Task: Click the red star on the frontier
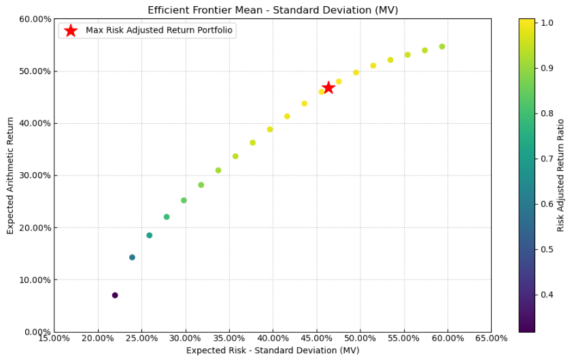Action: [x=328, y=87]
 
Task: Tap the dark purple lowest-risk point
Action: [x=115, y=295]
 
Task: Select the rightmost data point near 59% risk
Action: [x=442, y=47]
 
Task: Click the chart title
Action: [x=273, y=10]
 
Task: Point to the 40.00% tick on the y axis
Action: [x=32, y=123]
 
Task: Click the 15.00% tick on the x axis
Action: [x=54, y=338]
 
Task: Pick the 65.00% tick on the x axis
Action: [x=491, y=338]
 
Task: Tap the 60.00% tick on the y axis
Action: [x=32, y=19]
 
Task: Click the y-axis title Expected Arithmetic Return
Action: [x=11, y=175]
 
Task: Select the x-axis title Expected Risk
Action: [x=273, y=350]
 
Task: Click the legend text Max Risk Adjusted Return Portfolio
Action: [x=159, y=30]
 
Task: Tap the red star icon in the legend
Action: [x=71, y=31]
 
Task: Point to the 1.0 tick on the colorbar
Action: [x=545, y=22]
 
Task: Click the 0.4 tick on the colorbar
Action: [x=545, y=295]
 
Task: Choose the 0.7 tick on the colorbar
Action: [x=545, y=159]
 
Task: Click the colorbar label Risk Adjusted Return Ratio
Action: [x=561, y=175]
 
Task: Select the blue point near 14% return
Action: [x=132, y=257]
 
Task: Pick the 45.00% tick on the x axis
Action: [x=316, y=338]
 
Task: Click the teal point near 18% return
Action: [x=150, y=235]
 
